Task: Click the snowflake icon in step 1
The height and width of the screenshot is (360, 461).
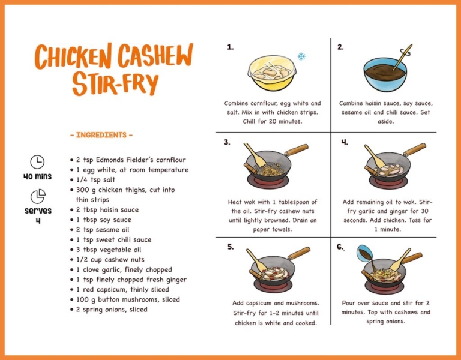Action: tap(301, 57)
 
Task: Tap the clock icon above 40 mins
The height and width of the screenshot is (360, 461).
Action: tap(37, 161)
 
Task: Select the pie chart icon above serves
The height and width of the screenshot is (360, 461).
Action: tap(38, 196)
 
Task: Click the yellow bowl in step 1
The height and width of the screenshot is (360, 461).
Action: tap(273, 73)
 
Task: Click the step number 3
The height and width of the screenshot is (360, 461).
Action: tap(227, 142)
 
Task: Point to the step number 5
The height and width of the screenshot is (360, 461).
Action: tap(230, 246)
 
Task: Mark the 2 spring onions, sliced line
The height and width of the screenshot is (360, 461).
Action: tap(111, 310)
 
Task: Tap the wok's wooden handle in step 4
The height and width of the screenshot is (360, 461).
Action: tap(414, 149)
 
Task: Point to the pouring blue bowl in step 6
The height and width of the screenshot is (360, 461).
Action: tap(365, 253)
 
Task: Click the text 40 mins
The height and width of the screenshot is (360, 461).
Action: tap(37, 176)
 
